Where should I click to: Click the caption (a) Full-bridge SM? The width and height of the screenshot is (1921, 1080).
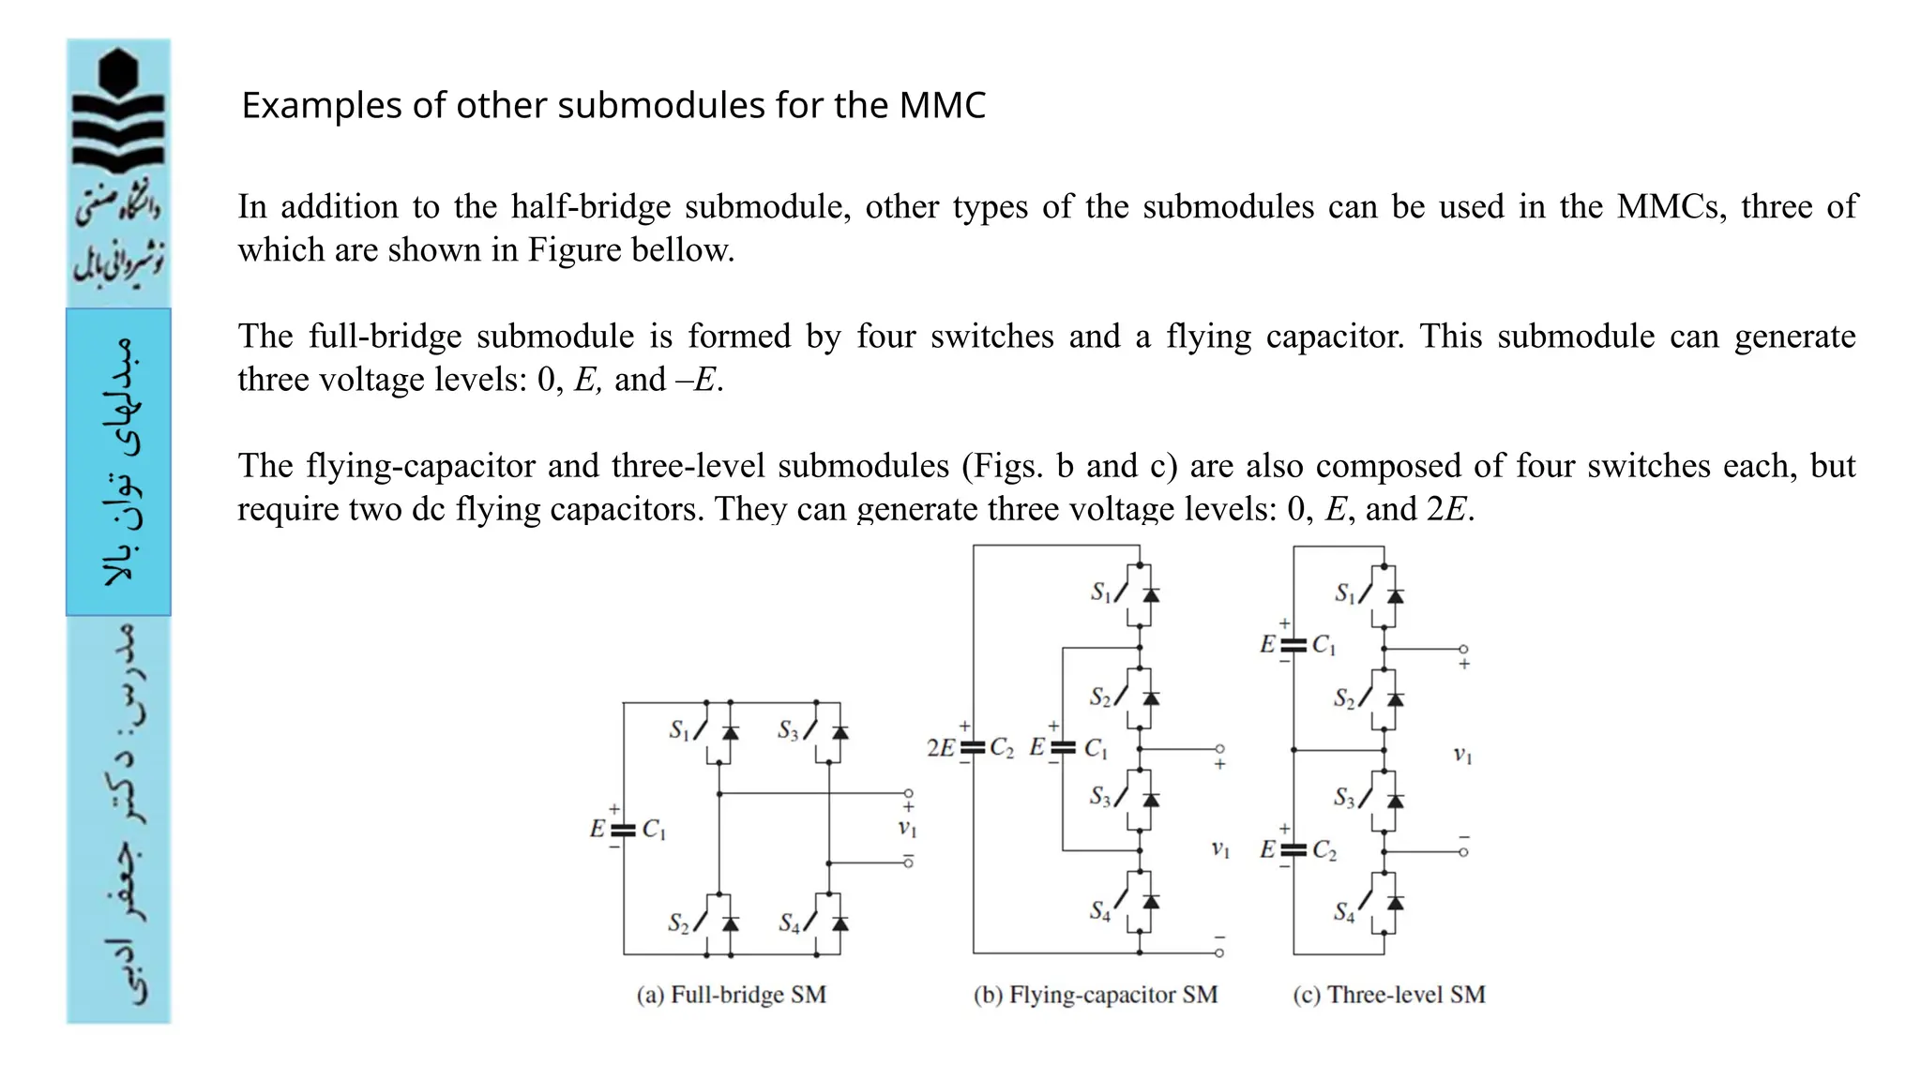pos(732,995)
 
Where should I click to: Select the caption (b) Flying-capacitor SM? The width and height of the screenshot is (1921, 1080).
pos(1096,995)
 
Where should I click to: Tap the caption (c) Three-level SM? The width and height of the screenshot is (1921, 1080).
pos(1389,995)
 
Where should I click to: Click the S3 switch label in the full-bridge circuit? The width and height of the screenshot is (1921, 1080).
pos(788,730)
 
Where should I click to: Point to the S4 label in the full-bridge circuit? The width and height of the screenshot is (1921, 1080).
pos(790,924)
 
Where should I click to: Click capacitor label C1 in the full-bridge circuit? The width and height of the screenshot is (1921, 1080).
pos(654,830)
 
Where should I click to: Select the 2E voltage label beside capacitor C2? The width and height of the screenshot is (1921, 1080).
pos(940,748)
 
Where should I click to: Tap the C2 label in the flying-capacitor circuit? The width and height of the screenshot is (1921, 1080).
pos(1002,748)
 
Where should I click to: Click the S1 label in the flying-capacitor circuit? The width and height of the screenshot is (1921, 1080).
pos(1100,592)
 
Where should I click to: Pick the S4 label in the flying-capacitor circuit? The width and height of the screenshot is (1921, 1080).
pos(1099,910)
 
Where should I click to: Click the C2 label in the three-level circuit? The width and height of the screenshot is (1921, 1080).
pos(1324,850)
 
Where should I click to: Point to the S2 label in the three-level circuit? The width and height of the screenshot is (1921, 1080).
pos(1344,698)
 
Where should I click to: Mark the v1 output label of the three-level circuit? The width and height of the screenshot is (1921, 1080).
pos(1462,755)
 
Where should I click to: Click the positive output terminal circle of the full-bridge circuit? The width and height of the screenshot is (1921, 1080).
pos(908,794)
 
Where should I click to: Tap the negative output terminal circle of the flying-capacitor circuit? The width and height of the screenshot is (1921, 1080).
pos(1219,953)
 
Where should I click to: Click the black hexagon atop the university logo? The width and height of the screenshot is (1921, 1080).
pos(118,71)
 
